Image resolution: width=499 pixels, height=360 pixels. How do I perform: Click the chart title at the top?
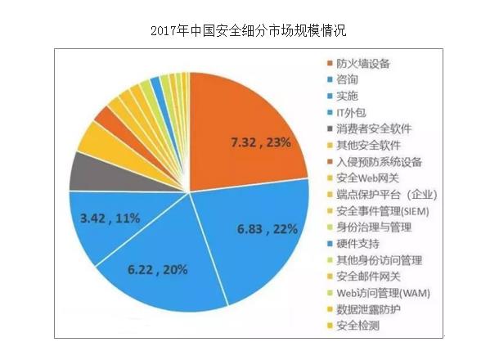[249, 31]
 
